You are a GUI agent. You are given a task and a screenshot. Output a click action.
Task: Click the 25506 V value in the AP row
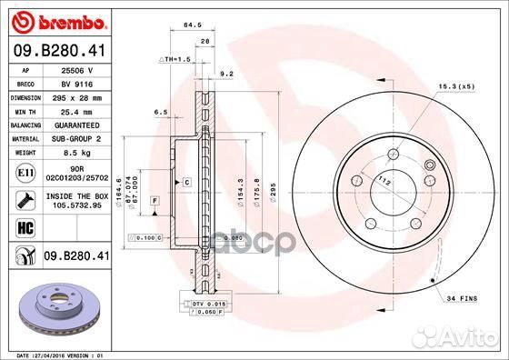coord(75,69)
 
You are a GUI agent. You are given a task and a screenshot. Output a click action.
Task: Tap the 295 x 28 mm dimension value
coord(75,96)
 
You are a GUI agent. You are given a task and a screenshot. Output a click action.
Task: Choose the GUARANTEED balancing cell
coord(76,124)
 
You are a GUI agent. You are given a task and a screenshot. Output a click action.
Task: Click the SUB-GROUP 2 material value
coord(75,138)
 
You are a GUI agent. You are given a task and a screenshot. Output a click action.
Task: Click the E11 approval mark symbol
coord(25,171)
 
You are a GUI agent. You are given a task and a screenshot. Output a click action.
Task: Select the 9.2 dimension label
coord(227,73)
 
